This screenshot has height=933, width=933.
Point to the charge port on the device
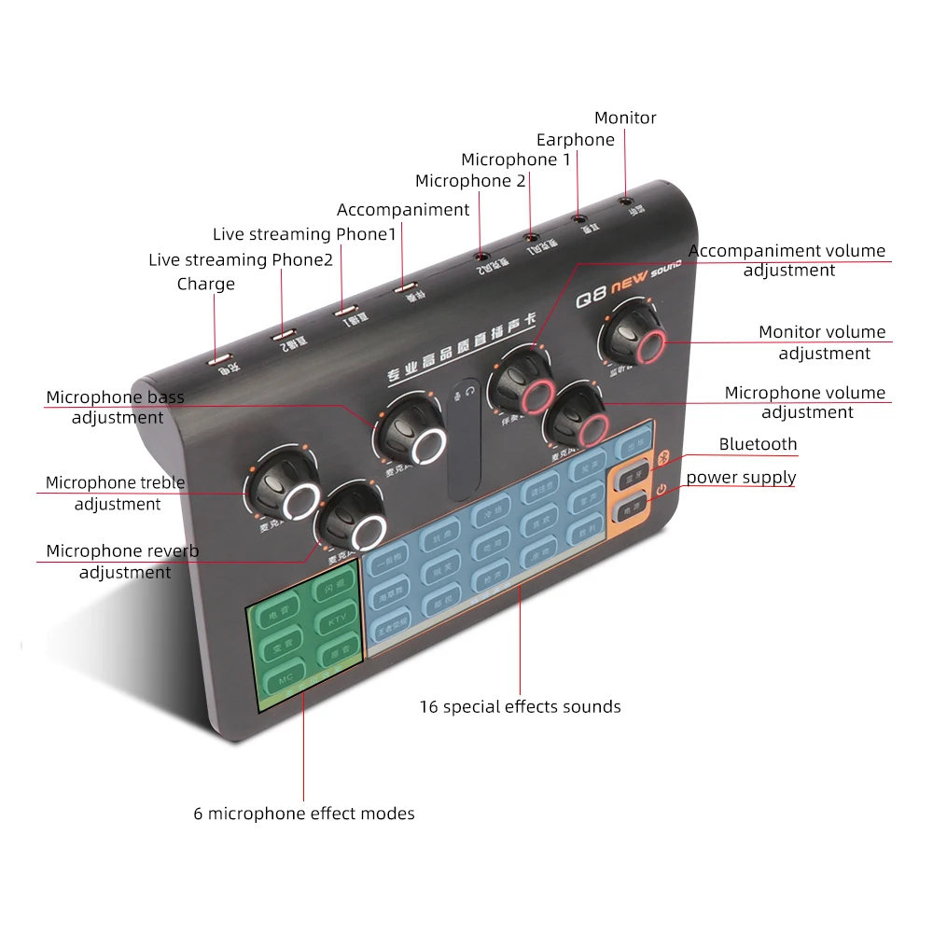click(x=219, y=357)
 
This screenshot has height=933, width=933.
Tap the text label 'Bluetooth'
click(x=758, y=444)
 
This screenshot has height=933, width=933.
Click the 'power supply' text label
click(x=741, y=478)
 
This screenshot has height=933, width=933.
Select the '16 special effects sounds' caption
click(x=520, y=706)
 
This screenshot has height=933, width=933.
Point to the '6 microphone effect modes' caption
click(x=304, y=814)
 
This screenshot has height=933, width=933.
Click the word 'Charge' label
click(x=206, y=284)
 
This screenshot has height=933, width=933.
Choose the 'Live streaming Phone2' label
click(x=241, y=259)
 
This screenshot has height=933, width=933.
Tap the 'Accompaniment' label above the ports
click(x=403, y=210)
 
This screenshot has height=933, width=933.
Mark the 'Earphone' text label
click(x=576, y=140)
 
